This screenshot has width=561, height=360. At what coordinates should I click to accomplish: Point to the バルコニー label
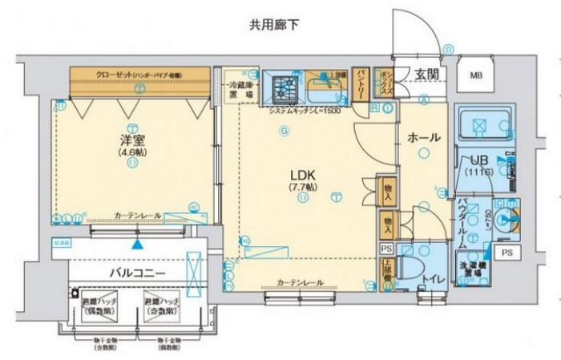point(137,273)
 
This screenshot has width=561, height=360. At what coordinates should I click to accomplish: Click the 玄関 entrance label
point(426,75)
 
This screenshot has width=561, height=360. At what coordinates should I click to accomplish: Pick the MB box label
point(476,76)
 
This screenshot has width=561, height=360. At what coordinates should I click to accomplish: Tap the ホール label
point(423,138)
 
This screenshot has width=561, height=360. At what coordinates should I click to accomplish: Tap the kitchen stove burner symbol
point(284,83)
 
